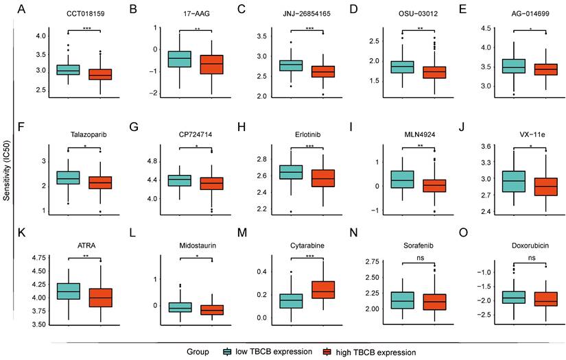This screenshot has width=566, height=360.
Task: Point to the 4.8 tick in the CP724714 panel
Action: [x=152, y=161]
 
